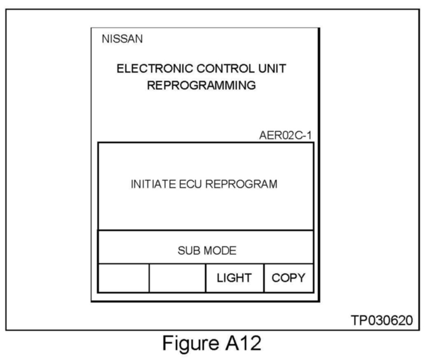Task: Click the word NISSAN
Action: point(122,40)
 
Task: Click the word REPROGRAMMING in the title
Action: point(202,86)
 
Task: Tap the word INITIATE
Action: point(149,184)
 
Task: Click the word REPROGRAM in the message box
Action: point(241,184)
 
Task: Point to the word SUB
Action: point(187,250)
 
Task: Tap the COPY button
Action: point(289,278)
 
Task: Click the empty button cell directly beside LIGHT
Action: point(177,278)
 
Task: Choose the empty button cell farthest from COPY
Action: point(124,278)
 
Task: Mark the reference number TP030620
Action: point(381,320)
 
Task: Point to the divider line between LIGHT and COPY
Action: point(264,278)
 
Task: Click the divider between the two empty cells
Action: point(149,278)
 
